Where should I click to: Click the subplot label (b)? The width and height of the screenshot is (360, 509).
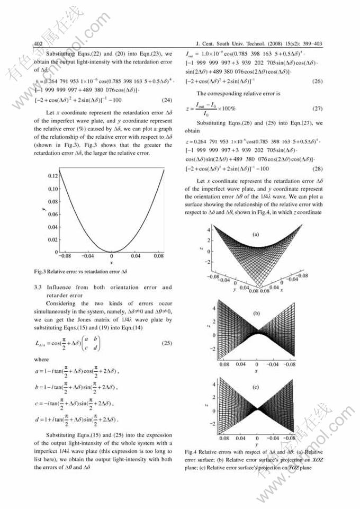(x=257, y=314)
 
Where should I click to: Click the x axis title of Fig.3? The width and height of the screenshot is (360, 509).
(x=111, y=263)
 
